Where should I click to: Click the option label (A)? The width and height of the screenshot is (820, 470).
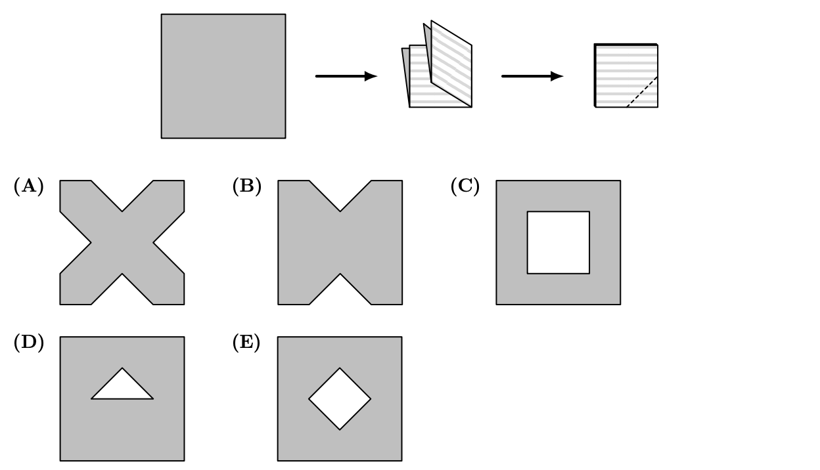pos(29,186)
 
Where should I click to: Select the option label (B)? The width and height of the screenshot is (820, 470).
pos(247,186)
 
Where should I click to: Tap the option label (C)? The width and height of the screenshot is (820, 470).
pos(465,186)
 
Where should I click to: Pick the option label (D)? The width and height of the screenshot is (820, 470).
pos(29,343)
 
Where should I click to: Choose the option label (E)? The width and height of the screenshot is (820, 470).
pos(246,343)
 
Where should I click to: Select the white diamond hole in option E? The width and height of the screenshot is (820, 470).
pos(340,398)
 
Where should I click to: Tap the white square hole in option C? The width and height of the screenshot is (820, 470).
pos(558,242)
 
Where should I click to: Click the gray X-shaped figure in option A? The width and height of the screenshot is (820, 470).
pos(122,243)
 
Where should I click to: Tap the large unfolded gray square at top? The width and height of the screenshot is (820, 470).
pos(223,76)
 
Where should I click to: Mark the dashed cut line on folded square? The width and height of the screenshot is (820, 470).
pos(642,92)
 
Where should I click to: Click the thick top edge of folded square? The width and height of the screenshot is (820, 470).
pos(626,45)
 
